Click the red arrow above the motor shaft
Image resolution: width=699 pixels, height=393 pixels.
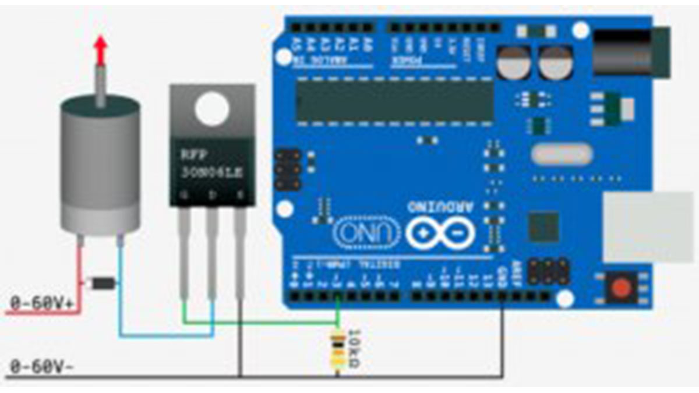click(101, 49)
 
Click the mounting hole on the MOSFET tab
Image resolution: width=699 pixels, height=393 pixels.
click(211, 109)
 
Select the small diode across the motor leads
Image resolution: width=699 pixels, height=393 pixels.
click(101, 284)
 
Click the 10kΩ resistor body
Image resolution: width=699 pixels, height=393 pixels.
click(337, 349)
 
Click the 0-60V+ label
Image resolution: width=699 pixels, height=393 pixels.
click(41, 303)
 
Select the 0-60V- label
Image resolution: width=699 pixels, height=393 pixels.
click(41, 367)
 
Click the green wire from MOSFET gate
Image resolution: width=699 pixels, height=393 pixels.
click(262, 322)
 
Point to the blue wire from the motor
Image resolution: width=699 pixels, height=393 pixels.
click(163, 335)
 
